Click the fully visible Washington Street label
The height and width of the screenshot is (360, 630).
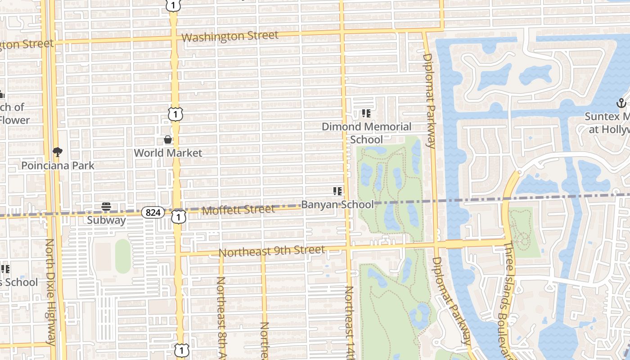[x=230, y=36]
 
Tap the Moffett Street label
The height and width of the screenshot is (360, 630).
[x=238, y=210]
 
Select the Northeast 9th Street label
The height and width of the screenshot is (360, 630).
[x=271, y=251]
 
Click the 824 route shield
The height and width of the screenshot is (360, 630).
[x=153, y=212]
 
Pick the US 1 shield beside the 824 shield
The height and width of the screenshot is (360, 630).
[x=179, y=217]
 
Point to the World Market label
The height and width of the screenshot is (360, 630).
[x=168, y=153]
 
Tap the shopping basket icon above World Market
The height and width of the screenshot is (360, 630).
[x=168, y=140]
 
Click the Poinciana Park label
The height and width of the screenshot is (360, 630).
[x=58, y=166]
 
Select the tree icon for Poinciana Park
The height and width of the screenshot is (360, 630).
[x=58, y=152]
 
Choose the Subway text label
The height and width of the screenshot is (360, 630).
[x=106, y=220]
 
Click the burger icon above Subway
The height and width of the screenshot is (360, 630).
[x=106, y=207]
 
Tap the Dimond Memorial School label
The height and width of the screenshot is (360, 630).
[x=366, y=133]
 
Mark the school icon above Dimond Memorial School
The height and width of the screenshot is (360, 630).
[x=366, y=113]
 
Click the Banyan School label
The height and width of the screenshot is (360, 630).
[x=337, y=204]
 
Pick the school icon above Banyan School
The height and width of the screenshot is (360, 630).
[x=337, y=191]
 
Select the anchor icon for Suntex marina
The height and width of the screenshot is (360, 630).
[x=621, y=103]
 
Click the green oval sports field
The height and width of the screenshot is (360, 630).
[x=123, y=256]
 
